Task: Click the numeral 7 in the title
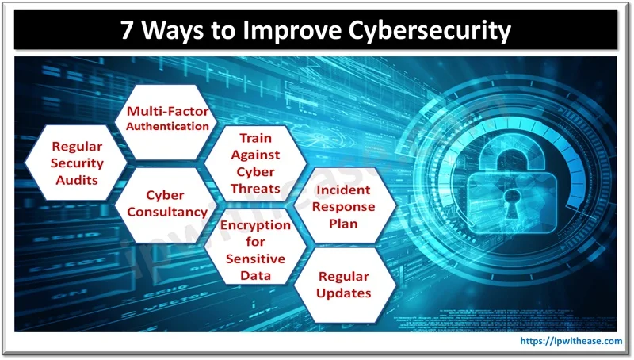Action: pyautogui.click(x=127, y=30)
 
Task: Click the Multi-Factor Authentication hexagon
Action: pyautogui.click(x=166, y=122)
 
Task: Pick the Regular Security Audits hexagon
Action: pyautogui.click(x=76, y=163)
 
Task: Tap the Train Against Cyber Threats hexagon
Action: pyautogui.click(x=255, y=163)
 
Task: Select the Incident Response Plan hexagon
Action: pyautogui.click(x=345, y=205)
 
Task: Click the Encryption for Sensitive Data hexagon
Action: pyautogui.click(x=255, y=247)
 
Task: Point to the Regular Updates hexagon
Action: pyautogui.click(x=345, y=285)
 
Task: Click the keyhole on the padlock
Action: pyautogui.click(x=512, y=202)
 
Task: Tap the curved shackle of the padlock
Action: pyautogui.click(x=511, y=153)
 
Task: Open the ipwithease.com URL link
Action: pyautogui.click(x=571, y=341)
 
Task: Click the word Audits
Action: pyautogui.click(x=77, y=180)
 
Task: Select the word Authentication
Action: pyautogui.click(x=167, y=126)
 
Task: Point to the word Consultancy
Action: pyautogui.click(x=167, y=212)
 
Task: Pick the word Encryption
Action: pyautogui.click(x=255, y=225)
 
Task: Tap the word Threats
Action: pyautogui.click(x=255, y=189)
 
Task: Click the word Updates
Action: pyautogui.click(x=344, y=293)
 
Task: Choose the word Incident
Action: pyautogui.click(x=343, y=190)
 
